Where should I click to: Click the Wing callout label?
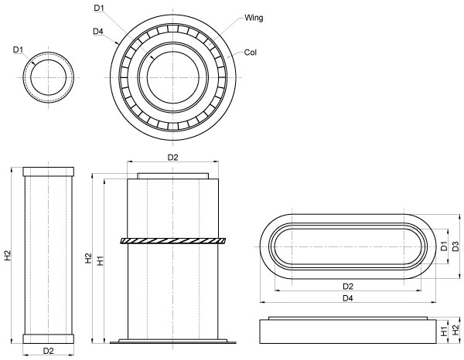click(253, 17)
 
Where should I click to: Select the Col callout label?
click(250, 53)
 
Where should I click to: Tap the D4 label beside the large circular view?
click(97, 31)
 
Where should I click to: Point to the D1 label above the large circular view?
click(98, 8)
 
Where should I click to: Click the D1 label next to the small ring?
click(19, 49)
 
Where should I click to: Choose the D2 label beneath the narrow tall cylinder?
click(48, 350)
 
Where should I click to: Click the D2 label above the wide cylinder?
click(172, 158)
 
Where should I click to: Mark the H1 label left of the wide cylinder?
click(99, 261)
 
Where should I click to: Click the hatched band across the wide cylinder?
click(172, 241)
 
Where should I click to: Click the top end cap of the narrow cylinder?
click(48, 171)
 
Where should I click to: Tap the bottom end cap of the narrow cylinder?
click(48, 338)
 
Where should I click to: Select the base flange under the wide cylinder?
click(172, 341)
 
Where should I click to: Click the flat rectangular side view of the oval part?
click(347, 330)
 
